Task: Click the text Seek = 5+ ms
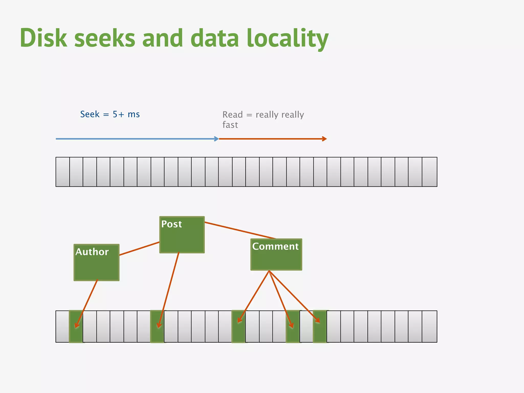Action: [110, 114]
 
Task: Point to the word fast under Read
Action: [230, 125]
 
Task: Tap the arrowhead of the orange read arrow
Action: [324, 139]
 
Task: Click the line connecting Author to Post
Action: [139, 248]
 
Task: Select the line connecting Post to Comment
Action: [241, 231]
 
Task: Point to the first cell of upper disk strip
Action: [62, 172]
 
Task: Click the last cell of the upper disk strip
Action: [429, 172]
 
